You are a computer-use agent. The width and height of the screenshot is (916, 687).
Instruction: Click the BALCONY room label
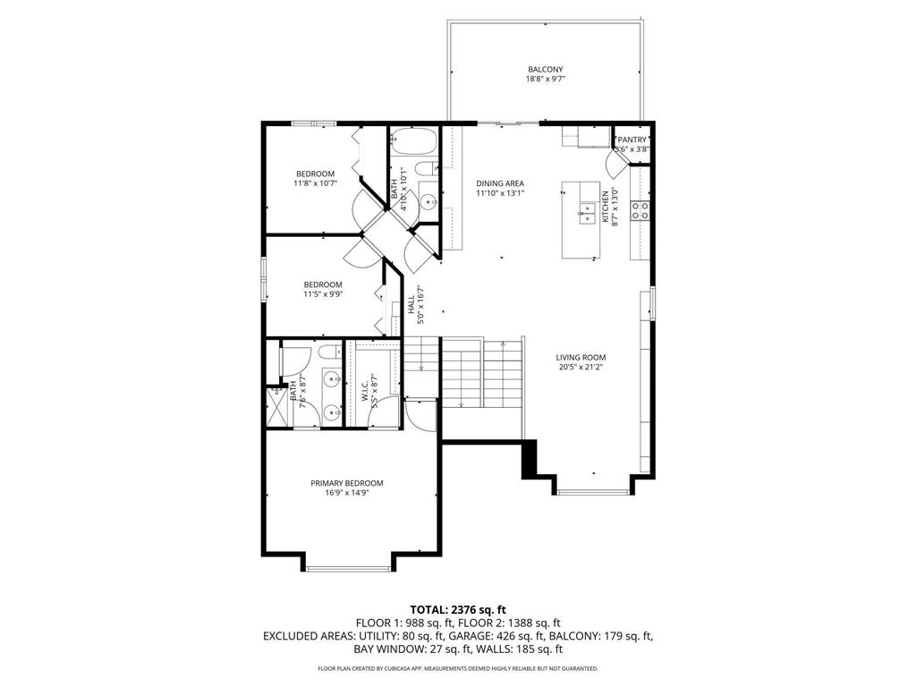[x=545, y=69]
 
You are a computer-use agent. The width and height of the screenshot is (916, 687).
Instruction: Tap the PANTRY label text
[x=632, y=140]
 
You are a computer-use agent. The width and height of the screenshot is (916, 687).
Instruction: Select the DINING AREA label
[x=499, y=183]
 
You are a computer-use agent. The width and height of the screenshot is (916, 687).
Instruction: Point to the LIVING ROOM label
[x=581, y=357]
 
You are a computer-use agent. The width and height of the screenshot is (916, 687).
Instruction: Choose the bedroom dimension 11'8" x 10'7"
[x=315, y=183]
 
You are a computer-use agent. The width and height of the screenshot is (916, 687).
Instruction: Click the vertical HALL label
[x=411, y=304]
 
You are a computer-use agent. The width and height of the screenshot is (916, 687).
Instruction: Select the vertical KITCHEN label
[x=605, y=206]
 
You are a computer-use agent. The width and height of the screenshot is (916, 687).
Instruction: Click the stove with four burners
[x=640, y=210]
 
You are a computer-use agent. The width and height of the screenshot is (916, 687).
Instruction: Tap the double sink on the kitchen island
[x=588, y=212]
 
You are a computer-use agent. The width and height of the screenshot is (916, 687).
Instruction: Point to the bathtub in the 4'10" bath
[x=413, y=140]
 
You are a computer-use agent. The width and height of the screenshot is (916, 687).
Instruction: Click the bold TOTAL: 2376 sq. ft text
[x=457, y=609]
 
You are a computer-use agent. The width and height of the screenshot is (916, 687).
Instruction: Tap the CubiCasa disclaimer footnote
[x=457, y=668]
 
